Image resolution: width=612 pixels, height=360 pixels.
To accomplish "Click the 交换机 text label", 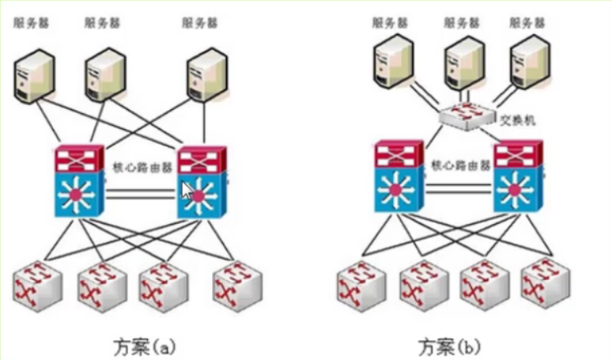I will (519, 120).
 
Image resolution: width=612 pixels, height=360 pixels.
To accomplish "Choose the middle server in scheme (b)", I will (465, 61).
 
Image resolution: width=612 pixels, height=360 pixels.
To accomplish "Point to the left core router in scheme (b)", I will (401, 176).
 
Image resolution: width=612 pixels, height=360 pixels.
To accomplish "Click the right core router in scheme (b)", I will (517, 176).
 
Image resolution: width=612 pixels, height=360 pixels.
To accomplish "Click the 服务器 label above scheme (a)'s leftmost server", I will (31, 23).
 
